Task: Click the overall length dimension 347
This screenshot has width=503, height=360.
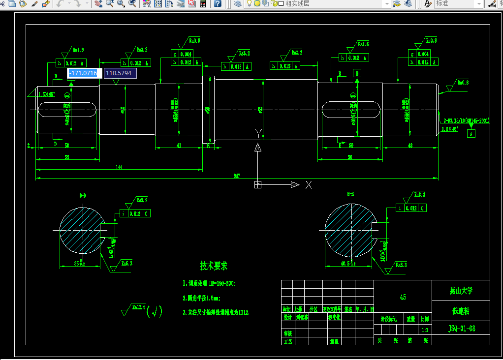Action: [x=237, y=176]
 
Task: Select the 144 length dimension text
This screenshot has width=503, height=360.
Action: [x=119, y=167]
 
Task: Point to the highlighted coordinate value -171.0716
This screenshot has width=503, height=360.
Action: [x=84, y=73]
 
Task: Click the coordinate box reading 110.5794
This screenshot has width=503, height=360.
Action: [x=120, y=73]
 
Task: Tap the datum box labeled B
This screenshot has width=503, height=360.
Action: [x=357, y=73]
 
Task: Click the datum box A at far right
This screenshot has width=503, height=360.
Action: [x=471, y=134]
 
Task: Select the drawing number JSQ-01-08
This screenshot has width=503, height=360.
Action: [x=461, y=328]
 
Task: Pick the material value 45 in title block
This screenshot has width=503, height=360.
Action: [x=403, y=298]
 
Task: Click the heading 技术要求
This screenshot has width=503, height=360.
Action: [x=214, y=266]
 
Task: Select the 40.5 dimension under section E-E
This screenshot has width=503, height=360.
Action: [x=348, y=264]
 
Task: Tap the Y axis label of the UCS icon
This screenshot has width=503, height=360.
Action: [x=257, y=133]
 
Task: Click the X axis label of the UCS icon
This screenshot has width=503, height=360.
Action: [x=309, y=185]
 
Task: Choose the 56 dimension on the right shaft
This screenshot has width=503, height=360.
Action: [x=350, y=157]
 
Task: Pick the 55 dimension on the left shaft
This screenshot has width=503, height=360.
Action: [x=67, y=157]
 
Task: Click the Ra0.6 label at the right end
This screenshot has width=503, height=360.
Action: [x=463, y=83]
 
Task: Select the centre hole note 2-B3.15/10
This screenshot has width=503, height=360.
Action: [x=466, y=120]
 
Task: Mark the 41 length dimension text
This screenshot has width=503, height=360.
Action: [x=179, y=146]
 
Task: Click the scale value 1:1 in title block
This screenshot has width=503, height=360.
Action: [x=425, y=330]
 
